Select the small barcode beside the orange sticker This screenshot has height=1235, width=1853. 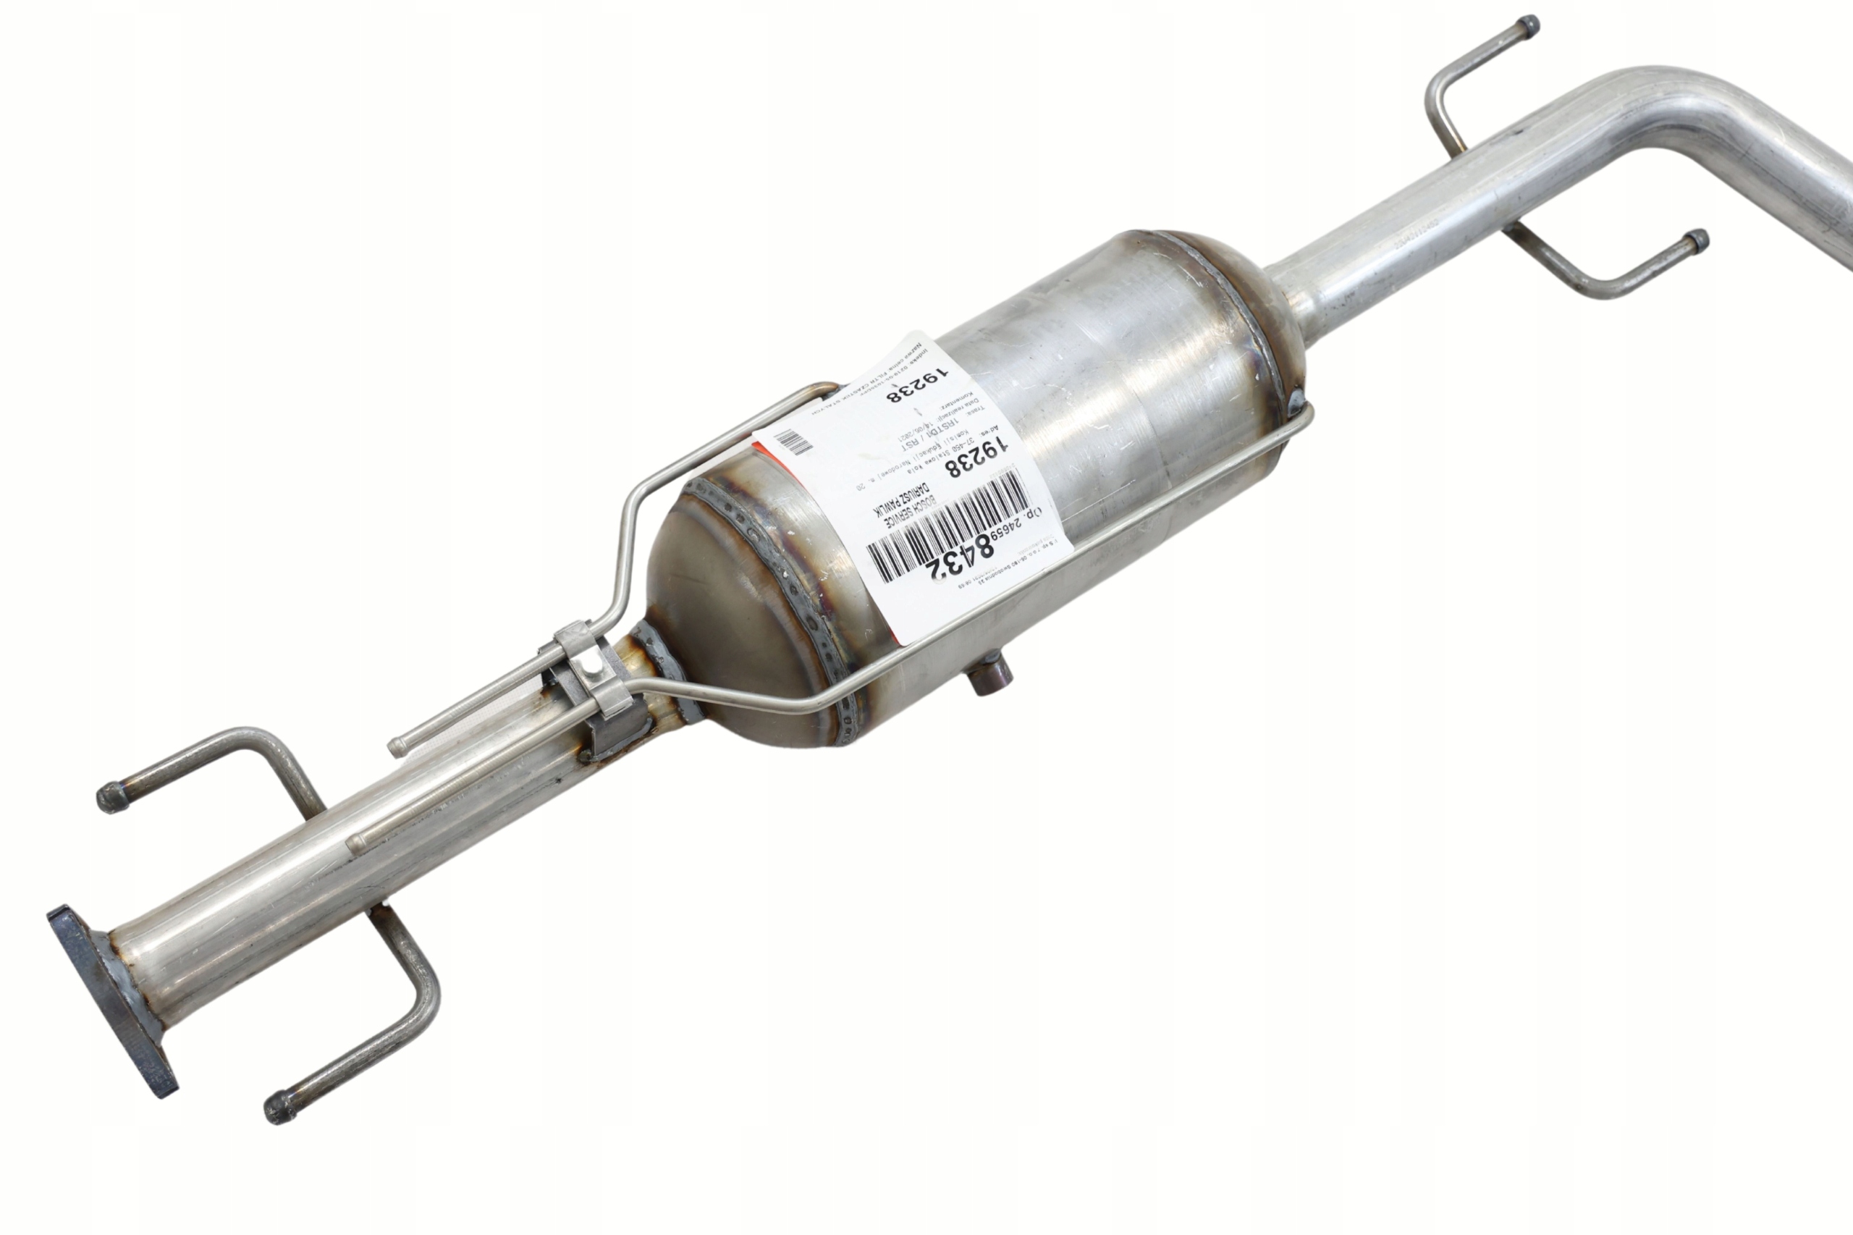point(793,442)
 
